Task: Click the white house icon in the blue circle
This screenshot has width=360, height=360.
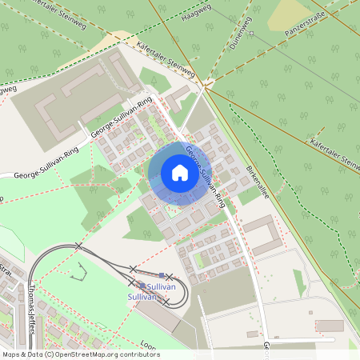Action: [x=179, y=172]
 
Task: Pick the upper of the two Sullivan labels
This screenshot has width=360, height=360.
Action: [x=162, y=286]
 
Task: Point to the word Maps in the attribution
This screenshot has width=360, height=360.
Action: [x=12, y=354]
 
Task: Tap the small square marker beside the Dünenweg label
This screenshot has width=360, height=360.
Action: [x=250, y=34]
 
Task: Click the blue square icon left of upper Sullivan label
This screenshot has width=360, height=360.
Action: [x=142, y=286]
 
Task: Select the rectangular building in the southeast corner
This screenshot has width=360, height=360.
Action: [x=329, y=326]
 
